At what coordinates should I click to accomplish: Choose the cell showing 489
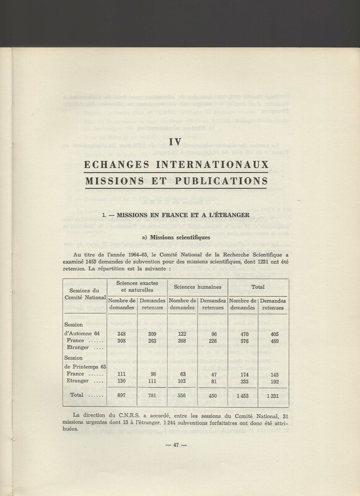pos(272,342)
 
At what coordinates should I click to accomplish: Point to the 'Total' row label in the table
pos(79,396)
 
